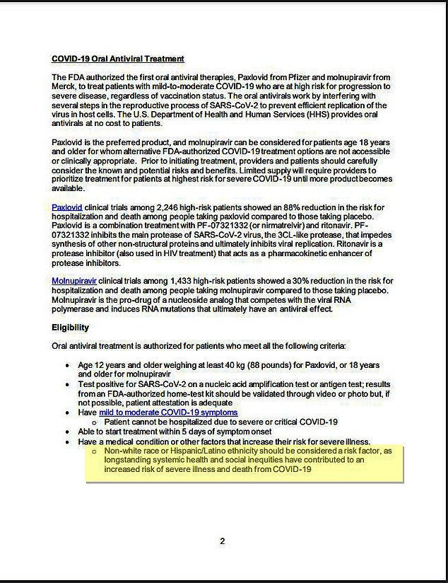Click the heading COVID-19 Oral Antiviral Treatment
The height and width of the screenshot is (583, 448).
(118, 59)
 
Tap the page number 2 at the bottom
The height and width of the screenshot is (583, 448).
(222, 541)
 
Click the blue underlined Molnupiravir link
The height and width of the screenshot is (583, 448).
(73, 281)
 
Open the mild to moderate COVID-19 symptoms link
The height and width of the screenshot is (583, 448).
(168, 412)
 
